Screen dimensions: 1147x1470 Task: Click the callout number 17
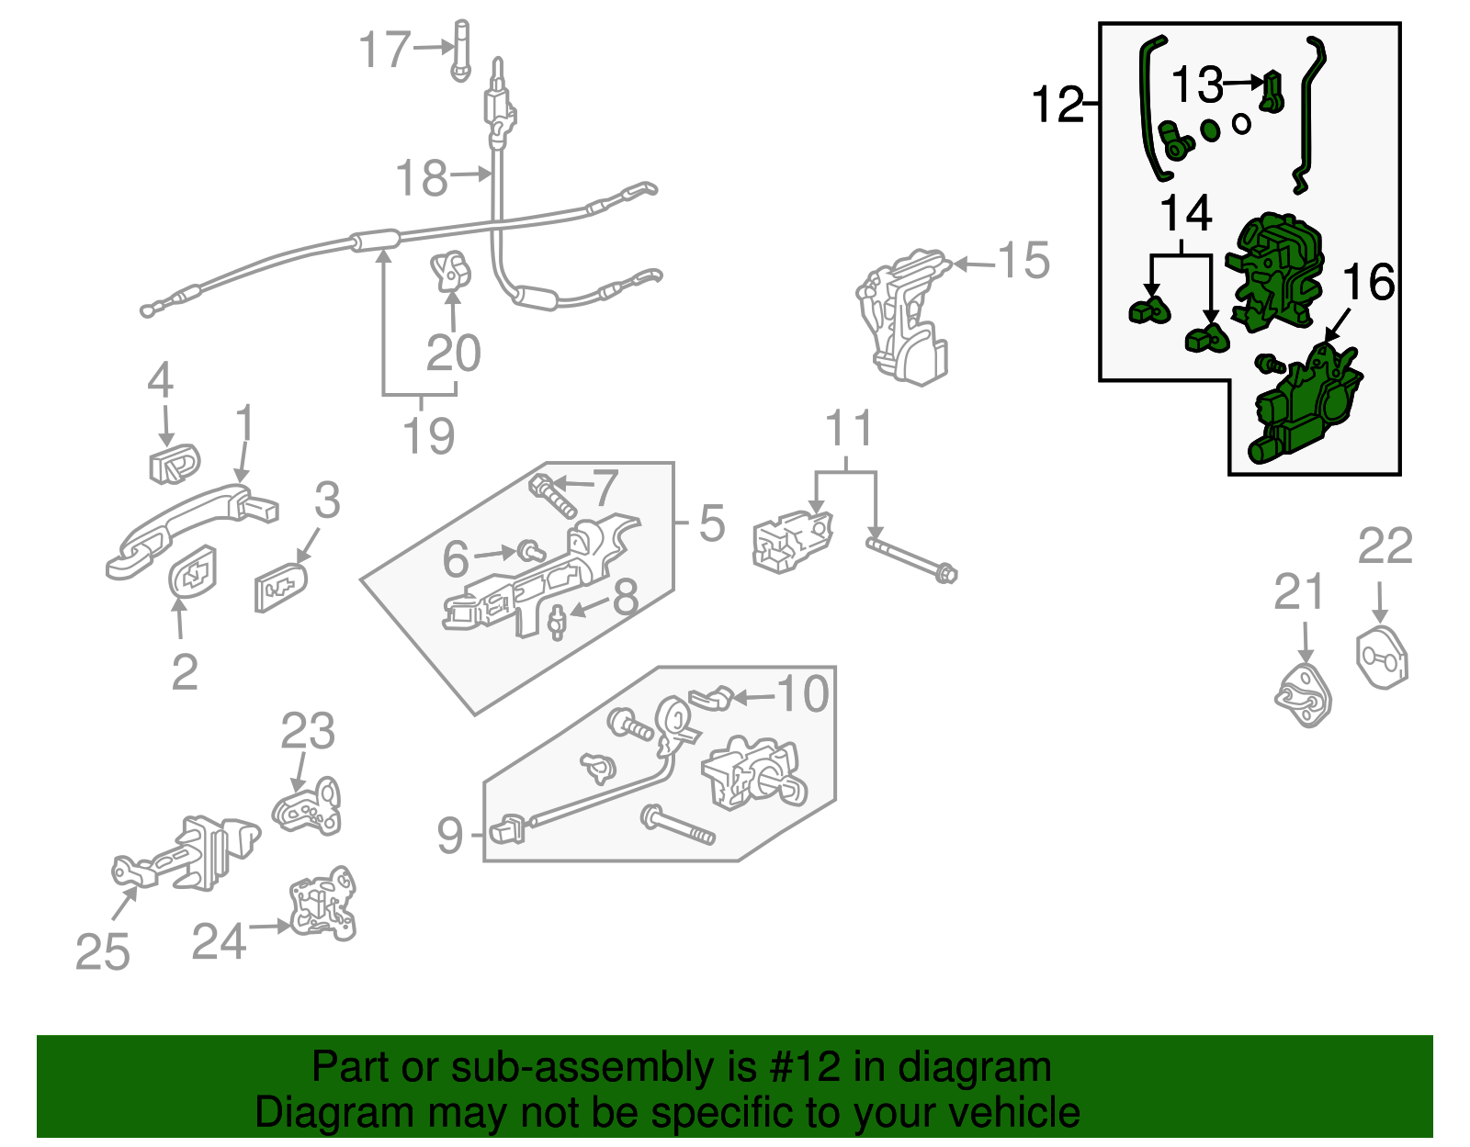[384, 50]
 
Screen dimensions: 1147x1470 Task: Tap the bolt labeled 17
[460, 51]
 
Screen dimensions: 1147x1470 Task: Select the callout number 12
[1057, 105]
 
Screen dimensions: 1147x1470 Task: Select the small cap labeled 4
[174, 463]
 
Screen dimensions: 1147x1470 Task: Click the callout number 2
[185, 672]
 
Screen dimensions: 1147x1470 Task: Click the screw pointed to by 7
[552, 495]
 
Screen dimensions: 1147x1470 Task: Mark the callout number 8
[626, 597]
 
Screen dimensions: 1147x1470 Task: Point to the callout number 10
[803, 693]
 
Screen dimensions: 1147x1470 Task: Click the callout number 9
[450, 835]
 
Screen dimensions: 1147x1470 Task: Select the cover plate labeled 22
[1382, 657]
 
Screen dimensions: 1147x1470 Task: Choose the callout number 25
[102, 951]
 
